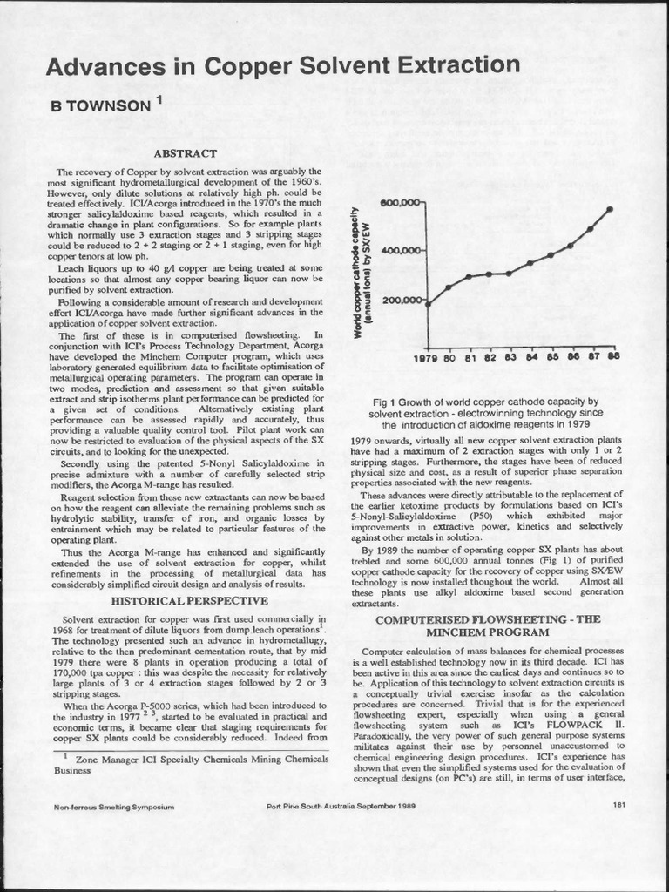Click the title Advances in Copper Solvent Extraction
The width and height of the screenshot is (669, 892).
pos(282,65)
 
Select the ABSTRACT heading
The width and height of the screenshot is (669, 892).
pos(190,153)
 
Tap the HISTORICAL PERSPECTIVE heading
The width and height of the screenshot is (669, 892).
pos(190,600)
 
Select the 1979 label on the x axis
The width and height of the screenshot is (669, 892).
pos(426,356)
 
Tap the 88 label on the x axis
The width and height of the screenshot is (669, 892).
pos(612,356)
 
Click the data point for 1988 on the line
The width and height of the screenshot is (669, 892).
pos(609,209)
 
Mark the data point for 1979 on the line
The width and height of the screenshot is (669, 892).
pos(428,304)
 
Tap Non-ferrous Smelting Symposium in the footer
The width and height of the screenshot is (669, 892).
pos(114,807)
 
